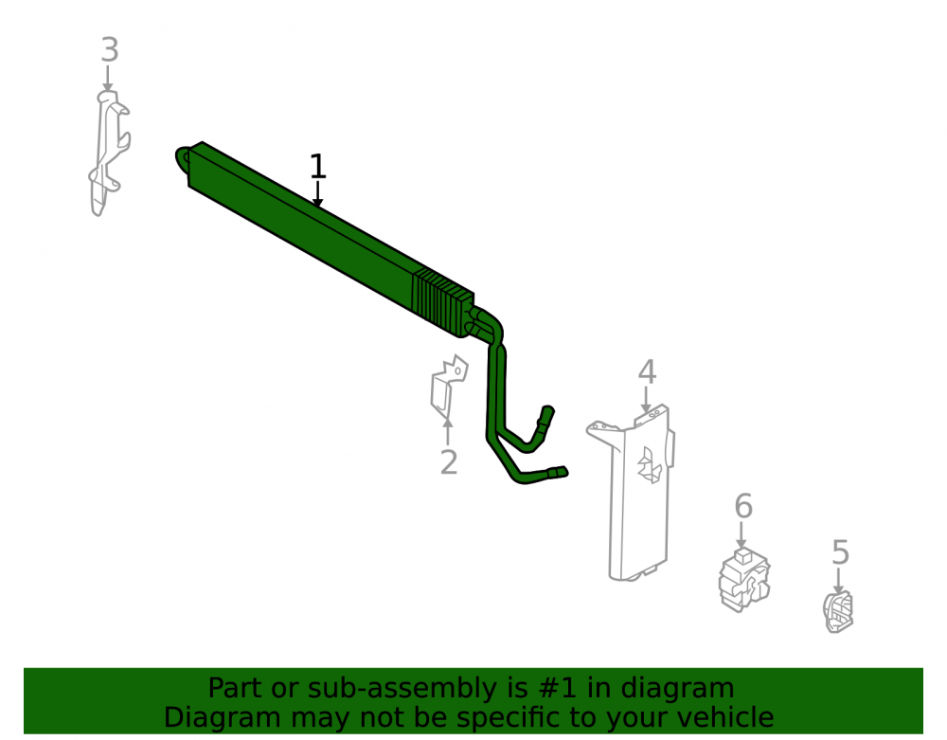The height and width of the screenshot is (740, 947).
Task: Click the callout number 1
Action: tap(317, 166)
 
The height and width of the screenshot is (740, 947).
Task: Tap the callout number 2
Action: tap(449, 462)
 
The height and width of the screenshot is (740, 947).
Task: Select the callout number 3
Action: tap(109, 49)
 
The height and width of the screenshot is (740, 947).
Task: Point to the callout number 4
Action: tap(647, 372)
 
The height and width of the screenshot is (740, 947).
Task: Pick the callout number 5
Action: tap(840, 552)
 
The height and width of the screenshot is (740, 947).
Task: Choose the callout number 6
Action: tap(743, 506)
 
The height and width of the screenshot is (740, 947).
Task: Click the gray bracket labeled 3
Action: tap(109, 153)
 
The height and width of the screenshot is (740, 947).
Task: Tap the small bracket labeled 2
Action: tap(448, 386)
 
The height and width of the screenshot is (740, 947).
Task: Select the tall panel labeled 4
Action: tap(631, 493)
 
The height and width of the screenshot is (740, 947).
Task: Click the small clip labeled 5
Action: tap(838, 612)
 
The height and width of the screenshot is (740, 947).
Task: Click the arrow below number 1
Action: tap(317, 194)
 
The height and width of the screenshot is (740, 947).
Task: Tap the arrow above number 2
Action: tap(448, 432)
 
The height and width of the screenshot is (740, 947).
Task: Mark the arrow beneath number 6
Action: tap(742, 535)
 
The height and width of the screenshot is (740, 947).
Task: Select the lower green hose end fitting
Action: tap(557, 473)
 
